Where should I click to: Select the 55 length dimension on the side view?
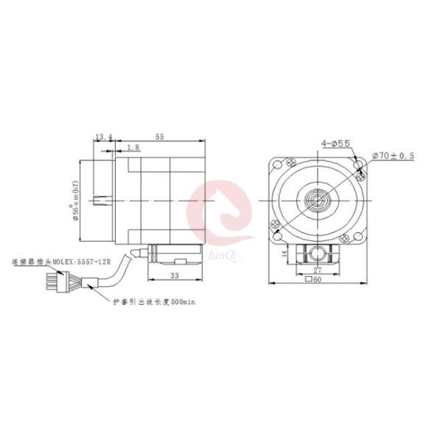point(159,136)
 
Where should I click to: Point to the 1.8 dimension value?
point(133,147)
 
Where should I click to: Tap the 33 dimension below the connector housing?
point(174,275)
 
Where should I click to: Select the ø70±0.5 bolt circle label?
point(393,156)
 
